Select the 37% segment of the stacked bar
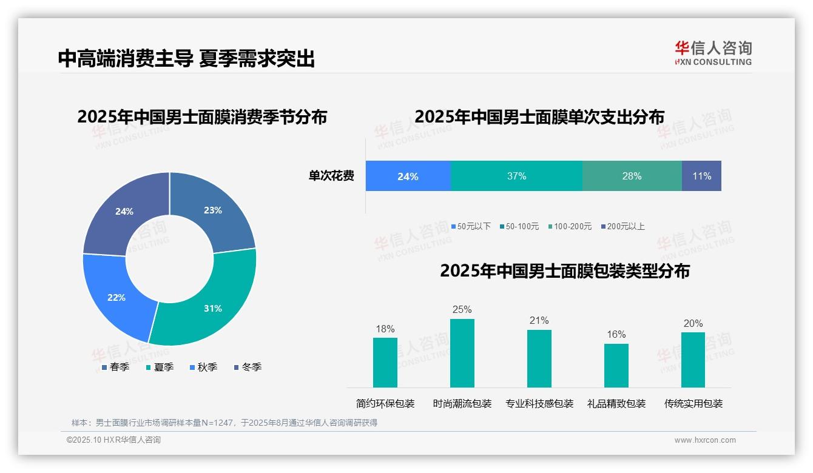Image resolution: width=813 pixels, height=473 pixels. [x=516, y=176]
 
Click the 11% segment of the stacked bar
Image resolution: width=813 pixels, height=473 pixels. [x=701, y=176]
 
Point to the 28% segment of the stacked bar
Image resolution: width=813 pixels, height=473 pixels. [x=632, y=176]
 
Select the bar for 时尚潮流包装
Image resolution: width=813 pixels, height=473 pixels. [x=462, y=353]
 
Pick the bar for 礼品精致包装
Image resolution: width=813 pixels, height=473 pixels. [x=616, y=366]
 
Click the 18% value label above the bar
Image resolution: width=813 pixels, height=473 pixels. [x=385, y=329]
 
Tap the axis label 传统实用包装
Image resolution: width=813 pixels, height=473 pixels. [x=693, y=404]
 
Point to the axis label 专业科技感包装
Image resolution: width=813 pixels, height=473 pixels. [x=539, y=404]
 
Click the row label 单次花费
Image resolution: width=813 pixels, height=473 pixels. [x=331, y=176]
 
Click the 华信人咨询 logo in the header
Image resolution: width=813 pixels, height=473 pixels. [x=713, y=53]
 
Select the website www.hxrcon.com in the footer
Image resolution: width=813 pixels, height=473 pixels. [x=704, y=440]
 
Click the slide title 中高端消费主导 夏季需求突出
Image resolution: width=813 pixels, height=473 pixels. [x=186, y=59]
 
